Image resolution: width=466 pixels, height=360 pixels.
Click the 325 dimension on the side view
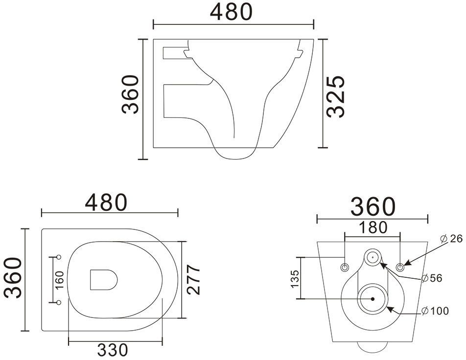click(335, 96)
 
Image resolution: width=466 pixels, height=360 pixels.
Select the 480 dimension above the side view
click(231, 12)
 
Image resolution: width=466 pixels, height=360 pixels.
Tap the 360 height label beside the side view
click(130, 94)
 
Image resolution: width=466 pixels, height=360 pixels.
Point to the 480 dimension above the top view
click(106, 202)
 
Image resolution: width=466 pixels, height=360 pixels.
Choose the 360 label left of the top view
click(13, 278)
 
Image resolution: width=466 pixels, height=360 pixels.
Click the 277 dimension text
click(193, 279)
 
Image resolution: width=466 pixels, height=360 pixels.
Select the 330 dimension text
click(113, 350)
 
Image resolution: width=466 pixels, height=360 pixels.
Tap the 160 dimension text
click(59, 280)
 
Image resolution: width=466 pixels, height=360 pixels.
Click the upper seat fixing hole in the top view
click(59, 257)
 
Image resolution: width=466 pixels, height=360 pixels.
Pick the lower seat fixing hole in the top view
click(59, 302)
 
